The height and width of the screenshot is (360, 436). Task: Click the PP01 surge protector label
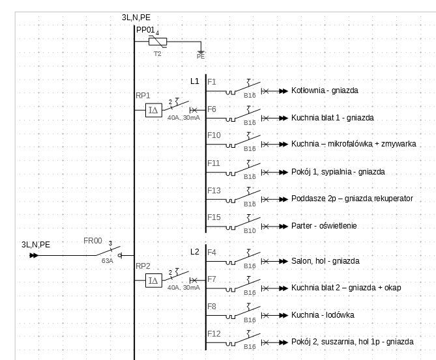pyautogui.click(x=145, y=30)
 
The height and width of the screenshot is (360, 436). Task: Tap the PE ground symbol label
pyautogui.click(x=201, y=56)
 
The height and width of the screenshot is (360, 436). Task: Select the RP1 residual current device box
pyautogui.click(x=153, y=110)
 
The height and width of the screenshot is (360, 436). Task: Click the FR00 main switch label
pyautogui.click(x=93, y=241)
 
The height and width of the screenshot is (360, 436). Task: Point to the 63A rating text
pyautogui.click(x=107, y=260)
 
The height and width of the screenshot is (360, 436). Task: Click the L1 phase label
pyautogui.click(x=195, y=81)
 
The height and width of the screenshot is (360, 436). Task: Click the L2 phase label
pyautogui.click(x=195, y=252)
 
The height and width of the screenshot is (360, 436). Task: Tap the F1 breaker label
pyautogui.click(x=212, y=82)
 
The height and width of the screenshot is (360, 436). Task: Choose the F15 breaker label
pyautogui.click(x=214, y=217)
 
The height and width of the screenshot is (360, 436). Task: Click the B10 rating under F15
pyautogui.click(x=250, y=230)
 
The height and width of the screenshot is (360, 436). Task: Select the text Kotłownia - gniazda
pyautogui.click(x=325, y=91)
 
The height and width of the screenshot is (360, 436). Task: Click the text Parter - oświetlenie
pyautogui.click(x=324, y=226)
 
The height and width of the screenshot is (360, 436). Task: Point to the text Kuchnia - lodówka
pyautogui.click(x=323, y=315)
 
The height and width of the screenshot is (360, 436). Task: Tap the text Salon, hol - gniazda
pyautogui.click(x=325, y=261)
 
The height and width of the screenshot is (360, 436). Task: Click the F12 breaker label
pyautogui.click(x=214, y=333)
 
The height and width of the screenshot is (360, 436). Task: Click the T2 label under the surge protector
pyautogui.click(x=157, y=54)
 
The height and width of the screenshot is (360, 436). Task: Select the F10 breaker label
pyautogui.click(x=214, y=135)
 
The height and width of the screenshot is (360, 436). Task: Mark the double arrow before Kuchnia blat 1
pyautogui.click(x=282, y=118)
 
